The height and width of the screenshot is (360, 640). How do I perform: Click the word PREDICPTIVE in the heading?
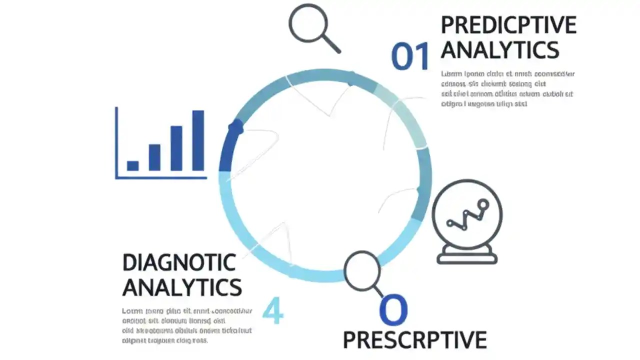point(508,25)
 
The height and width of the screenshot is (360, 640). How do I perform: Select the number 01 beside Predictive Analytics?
point(410,56)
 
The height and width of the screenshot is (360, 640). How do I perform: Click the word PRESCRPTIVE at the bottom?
point(414,340)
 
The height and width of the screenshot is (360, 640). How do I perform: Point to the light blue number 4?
point(272,310)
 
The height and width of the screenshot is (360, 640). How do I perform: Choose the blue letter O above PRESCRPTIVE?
point(393,310)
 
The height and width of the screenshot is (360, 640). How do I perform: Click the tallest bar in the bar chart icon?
point(198,140)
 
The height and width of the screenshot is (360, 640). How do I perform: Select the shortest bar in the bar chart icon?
point(132,165)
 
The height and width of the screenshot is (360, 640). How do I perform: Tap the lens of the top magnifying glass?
point(308,23)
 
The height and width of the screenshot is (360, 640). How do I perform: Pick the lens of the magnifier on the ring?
point(362,270)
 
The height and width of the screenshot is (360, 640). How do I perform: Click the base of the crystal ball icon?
point(467,257)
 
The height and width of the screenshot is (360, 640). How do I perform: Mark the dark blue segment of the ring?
point(227,150)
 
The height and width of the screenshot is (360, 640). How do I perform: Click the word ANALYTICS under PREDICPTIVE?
point(499,50)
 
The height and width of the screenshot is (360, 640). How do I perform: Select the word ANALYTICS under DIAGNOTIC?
point(182,287)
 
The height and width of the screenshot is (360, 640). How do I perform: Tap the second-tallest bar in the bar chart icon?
point(176,148)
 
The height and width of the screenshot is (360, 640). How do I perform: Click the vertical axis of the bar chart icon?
point(116,142)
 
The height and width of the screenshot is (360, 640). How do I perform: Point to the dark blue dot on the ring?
point(236,128)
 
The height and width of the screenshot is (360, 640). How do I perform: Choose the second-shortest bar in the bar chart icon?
point(154,157)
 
